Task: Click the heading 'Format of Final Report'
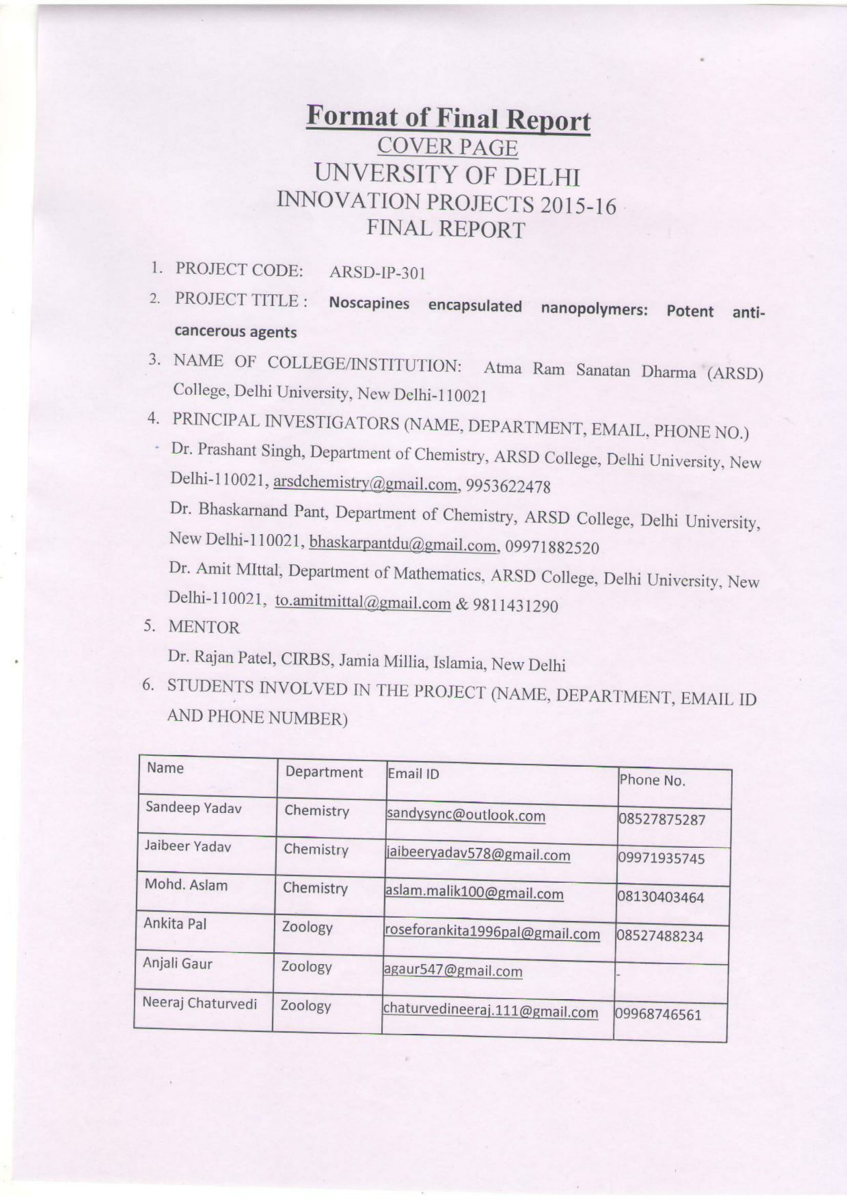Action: click(x=448, y=119)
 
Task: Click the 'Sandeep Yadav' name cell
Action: click(x=193, y=808)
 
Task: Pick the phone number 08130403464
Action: click(x=660, y=898)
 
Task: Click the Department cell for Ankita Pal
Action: click(x=307, y=927)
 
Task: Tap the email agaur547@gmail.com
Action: click(x=452, y=971)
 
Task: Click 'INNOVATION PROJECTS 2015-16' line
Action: click(x=447, y=202)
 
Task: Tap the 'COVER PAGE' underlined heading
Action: click(x=447, y=148)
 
